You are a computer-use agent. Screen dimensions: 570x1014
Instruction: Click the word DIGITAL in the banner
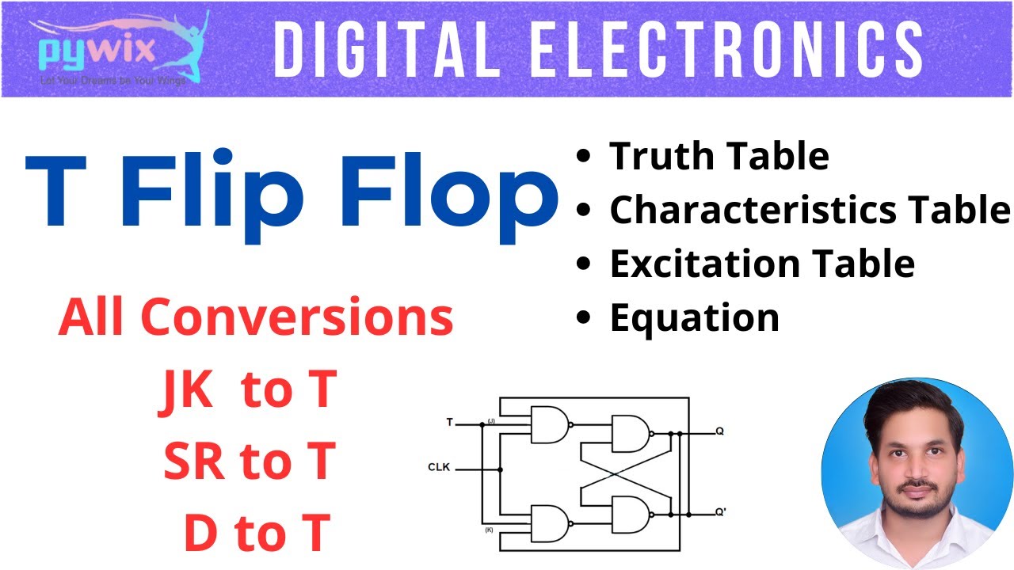[386, 49]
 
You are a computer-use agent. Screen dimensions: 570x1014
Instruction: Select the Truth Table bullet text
[719, 157]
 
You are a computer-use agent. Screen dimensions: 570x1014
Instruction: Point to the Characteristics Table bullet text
[810, 210]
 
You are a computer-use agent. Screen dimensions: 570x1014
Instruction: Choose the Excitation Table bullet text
[761, 264]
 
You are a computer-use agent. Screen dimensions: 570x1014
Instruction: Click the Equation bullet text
[694, 317]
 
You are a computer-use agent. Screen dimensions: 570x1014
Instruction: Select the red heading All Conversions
[256, 318]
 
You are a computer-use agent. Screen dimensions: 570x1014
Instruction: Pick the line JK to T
[248, 390]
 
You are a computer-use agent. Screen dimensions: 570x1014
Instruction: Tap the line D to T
[257, 533]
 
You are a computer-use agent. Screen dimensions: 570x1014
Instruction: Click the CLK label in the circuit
[439, 468]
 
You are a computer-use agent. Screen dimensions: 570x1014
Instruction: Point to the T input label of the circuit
[450, 423]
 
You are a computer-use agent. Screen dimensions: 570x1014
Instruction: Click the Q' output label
[720, 511]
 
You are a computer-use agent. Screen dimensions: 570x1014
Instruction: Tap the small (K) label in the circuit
[490, 528]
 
